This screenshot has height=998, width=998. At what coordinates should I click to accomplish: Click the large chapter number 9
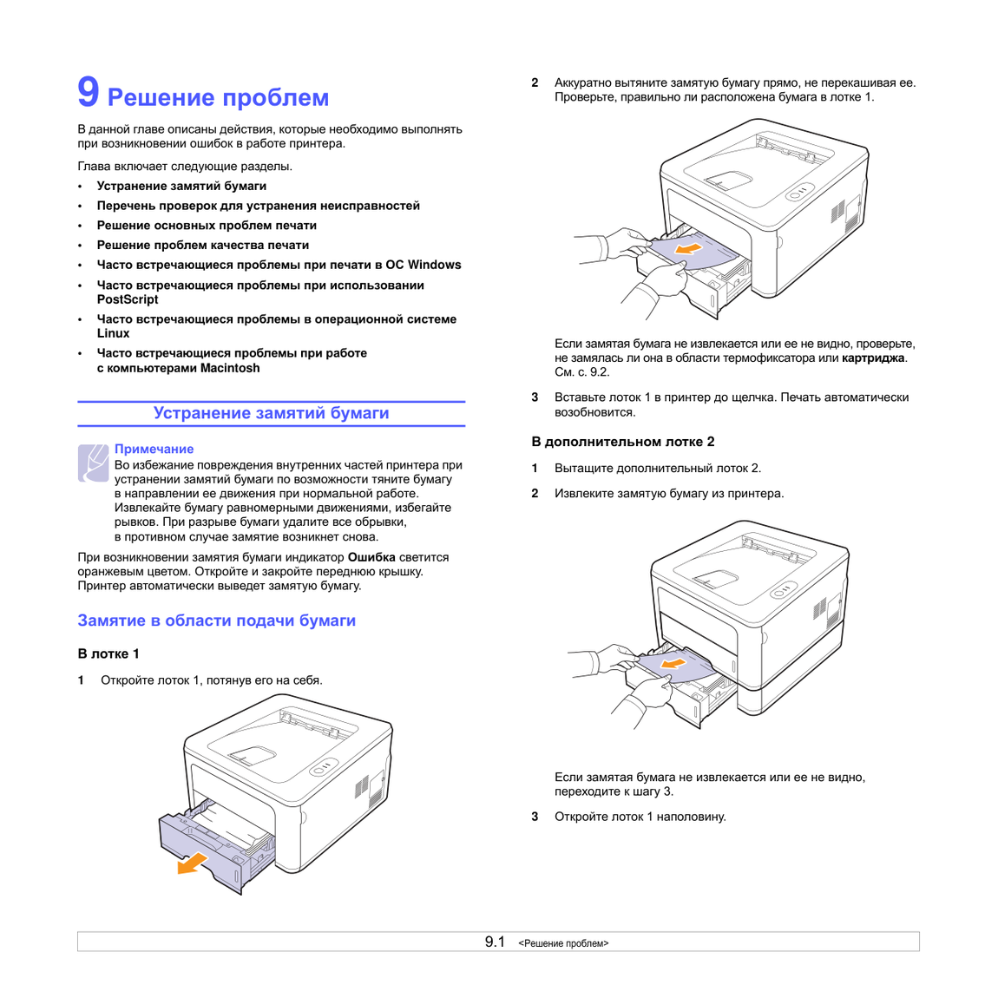coord(89,92)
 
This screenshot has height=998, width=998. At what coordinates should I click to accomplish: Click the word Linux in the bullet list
coord(114,333)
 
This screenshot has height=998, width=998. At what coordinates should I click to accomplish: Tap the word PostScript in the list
coord(128,299)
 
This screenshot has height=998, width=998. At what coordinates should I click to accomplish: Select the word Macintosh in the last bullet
coord(230,368)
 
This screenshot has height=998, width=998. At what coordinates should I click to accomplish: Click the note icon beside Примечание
coord(93,463)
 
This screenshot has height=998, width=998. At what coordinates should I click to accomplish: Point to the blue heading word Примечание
coord(154,449)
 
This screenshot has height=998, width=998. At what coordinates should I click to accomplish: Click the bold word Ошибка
coord(371,557)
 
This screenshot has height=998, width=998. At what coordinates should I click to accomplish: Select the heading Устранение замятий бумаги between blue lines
coord(271,413)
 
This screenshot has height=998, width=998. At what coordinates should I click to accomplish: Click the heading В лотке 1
coord(108,653)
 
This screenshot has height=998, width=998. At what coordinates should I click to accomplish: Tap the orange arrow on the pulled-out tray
coord(192,863)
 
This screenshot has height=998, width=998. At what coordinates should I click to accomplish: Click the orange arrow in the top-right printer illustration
coord(687,247)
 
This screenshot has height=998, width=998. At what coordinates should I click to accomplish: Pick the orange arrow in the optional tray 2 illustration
coord(673,664)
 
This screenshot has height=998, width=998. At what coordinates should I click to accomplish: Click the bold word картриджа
coord(873,358)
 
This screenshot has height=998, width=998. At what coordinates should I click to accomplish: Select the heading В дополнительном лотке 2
coord(623,442)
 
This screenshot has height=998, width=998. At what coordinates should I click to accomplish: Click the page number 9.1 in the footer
coord(495,942)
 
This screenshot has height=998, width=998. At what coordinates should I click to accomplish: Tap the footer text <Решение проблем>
coord(563,943)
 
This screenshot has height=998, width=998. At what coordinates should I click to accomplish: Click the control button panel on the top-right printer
coord(800,192)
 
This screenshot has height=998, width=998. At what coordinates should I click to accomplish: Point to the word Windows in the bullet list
coord(434,265)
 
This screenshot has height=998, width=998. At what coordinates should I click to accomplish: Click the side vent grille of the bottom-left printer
coord(362,787)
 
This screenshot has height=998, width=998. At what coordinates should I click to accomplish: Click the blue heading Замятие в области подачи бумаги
coord(216,620)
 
